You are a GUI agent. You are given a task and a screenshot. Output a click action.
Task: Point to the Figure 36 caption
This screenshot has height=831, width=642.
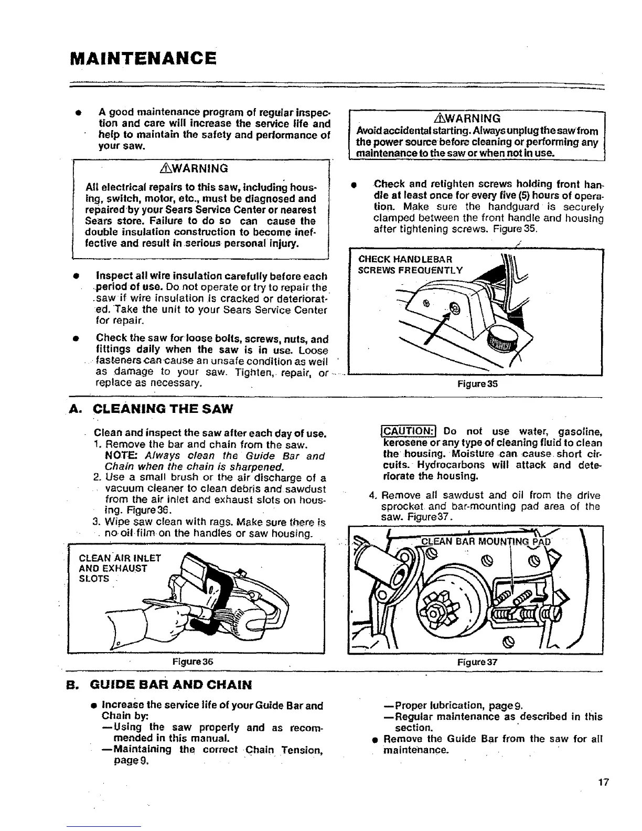[194, 662]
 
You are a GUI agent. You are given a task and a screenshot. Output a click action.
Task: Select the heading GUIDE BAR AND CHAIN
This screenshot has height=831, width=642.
[166, 685]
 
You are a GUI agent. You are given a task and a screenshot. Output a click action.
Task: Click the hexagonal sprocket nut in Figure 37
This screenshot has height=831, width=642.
[434, 614]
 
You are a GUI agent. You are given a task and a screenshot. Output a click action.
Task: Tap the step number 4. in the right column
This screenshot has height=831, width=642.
[373, 495]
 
